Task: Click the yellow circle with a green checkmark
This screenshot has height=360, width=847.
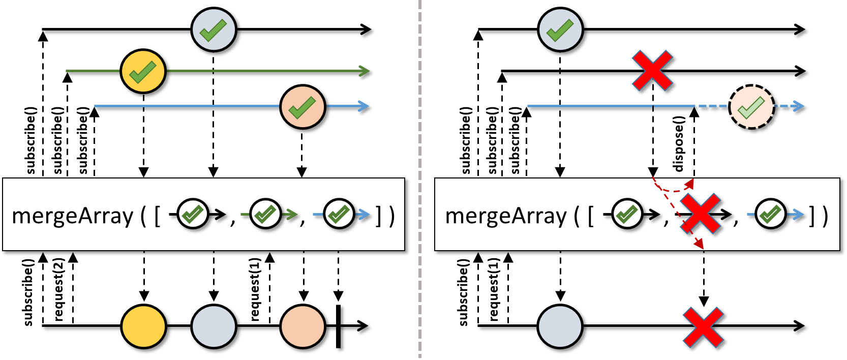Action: (143, 71)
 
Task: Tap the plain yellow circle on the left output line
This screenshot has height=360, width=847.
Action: (143, 326)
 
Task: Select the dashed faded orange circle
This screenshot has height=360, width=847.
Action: (751, 107)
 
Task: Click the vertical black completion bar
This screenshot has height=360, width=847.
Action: (339, 326)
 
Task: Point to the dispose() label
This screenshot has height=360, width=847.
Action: (678, 144)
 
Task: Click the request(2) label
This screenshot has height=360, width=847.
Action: (59, 289)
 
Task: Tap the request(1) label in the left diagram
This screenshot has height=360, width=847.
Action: (255, 289)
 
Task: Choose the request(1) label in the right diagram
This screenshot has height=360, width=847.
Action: (494, 289)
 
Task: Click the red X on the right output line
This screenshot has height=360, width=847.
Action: (704, 327)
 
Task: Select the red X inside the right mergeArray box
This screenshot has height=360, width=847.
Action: (701, 214)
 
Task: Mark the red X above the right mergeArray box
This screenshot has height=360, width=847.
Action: (653, 70)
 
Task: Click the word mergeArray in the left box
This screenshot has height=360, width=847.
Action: (72, 216)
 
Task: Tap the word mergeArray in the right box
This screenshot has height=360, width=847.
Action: (506, 216)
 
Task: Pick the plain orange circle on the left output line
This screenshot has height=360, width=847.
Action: (303, 326)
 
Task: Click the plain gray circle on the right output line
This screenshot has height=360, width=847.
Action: (560, 326)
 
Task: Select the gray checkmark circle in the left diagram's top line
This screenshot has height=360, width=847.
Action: (214, 29)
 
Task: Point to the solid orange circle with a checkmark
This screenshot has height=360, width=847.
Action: (302, 107)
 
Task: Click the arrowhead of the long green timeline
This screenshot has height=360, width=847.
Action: (365, 71)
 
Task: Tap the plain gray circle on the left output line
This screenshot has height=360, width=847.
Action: (214, 326)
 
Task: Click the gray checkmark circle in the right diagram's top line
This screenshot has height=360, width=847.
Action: (560, 29)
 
